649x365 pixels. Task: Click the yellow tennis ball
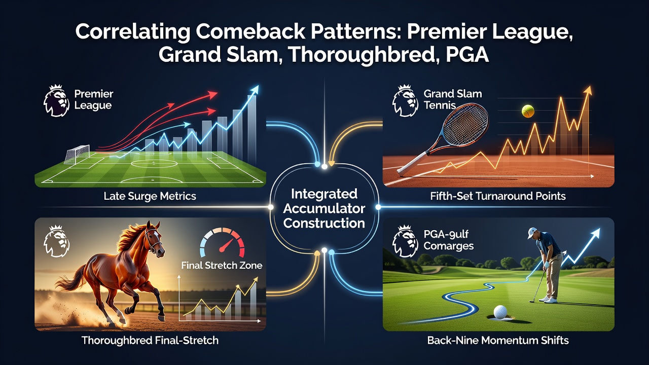[x=528, y=111]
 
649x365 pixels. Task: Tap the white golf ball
[x=500, y=312]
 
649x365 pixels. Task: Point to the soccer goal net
[x=77, y=154]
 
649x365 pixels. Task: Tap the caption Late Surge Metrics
[x=150, y=196]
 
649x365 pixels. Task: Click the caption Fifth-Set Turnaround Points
[x=498, y=196]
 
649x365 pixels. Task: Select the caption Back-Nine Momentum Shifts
[x=498, y=340]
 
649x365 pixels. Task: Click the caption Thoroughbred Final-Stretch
[x=150, y=340]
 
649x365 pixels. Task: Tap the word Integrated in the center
[x=324, y=194]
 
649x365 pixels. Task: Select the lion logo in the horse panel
[x=56, y=241]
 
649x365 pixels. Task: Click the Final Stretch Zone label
[x=222, y=265]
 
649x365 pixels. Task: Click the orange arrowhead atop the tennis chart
[x=588, y=91]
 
